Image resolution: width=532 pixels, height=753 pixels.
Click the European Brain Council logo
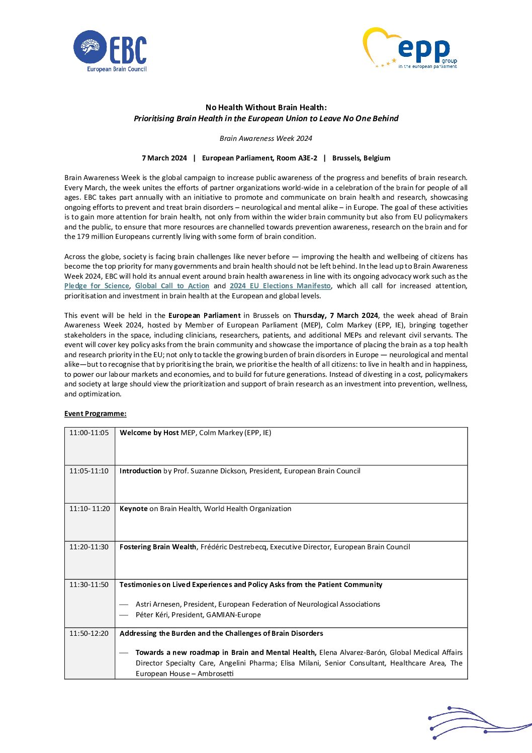(110, 51)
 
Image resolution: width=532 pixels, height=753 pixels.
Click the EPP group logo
(410, 48)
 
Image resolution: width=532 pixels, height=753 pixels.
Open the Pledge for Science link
(97, 286)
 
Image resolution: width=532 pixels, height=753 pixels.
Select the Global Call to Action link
(172, 286)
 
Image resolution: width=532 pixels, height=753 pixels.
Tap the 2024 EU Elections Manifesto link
(280, 286)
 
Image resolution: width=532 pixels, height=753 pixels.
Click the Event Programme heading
(95, 413)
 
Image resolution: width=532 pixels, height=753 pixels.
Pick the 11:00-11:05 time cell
(89, 433)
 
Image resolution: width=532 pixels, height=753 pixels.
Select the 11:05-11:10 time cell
(89, 471)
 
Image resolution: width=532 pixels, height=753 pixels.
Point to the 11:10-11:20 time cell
(90, 509)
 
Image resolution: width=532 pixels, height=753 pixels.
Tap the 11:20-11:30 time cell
(89, 547)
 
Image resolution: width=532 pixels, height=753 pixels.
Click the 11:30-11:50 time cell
(89, 584)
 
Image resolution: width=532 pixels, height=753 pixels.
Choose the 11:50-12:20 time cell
(89, 633)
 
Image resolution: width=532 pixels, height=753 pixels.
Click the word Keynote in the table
(133, 509)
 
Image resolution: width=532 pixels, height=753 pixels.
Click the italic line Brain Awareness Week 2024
(265, 138)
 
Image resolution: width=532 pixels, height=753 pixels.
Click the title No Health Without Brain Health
(265, 107)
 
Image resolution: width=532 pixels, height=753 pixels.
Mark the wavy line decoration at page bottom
(478, 723)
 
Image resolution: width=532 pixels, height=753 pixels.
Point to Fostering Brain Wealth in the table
(158, 547)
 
